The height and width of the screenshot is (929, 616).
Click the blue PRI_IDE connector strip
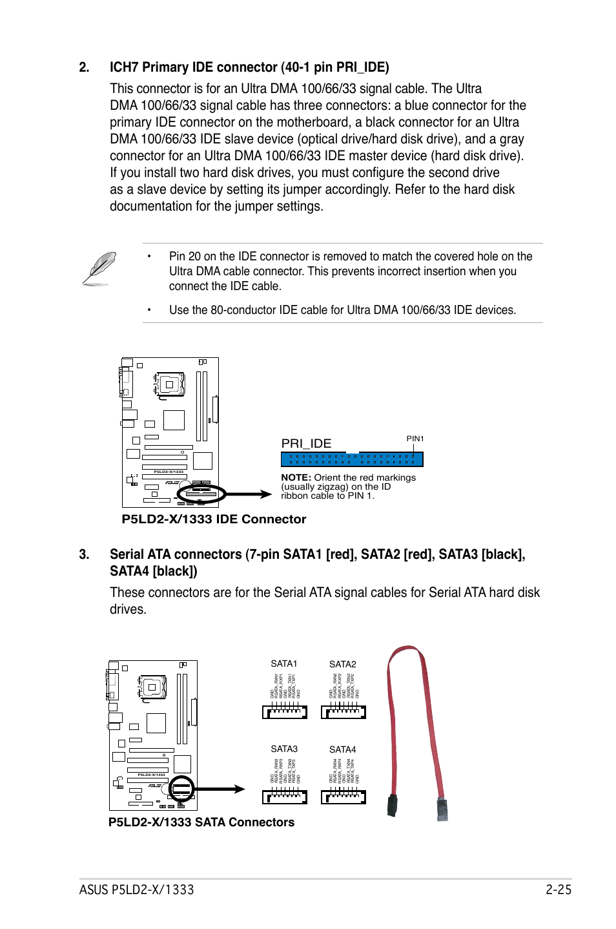[352, 459]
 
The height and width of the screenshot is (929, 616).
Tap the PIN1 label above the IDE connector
[415, 439]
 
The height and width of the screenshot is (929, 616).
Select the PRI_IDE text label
[306, 443]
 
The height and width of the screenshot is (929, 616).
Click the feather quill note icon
[99, 268]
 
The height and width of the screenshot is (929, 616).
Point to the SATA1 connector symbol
[284, 712]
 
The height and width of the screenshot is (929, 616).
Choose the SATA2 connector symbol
[343, 712]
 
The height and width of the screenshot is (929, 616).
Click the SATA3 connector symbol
[284, 797]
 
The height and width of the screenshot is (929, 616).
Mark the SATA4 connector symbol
[343, 797]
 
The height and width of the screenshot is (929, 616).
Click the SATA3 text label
[284, 749]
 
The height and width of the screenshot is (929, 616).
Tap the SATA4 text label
[342, 749]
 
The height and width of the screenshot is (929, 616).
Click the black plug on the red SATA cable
[392, 806]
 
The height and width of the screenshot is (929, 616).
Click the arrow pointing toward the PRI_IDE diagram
[249, 494]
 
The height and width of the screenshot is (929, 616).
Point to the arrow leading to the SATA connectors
[220, 789]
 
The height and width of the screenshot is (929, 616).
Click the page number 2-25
[558, 890]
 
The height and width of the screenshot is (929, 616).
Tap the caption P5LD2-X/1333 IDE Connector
[214, 519]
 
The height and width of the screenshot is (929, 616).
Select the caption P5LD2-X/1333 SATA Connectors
[201, 822]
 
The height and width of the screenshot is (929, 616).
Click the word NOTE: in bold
[296, 477]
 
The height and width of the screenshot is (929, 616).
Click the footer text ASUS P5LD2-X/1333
[136, 890]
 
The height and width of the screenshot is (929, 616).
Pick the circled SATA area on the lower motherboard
[181, 789]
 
